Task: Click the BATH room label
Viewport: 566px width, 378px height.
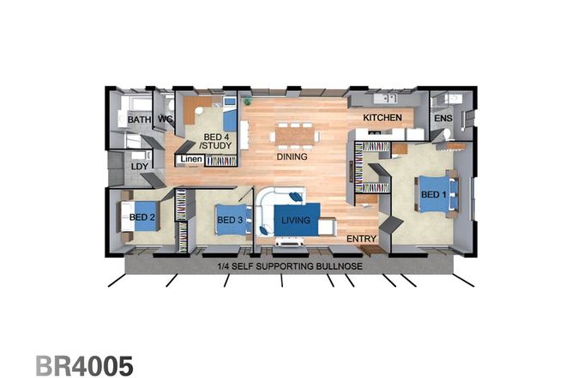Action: [139, 120]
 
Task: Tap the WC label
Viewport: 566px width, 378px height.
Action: [166, 119]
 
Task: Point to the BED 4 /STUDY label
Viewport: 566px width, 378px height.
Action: [215, 142]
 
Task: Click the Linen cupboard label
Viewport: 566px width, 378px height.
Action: [190, 159]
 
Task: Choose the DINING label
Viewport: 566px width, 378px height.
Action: [292, 157]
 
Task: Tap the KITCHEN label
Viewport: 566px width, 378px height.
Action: [382, 117]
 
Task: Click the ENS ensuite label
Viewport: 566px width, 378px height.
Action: [443, 119]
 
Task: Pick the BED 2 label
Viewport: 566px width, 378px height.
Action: [142, 217]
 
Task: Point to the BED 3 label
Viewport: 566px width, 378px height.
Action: [231, 221]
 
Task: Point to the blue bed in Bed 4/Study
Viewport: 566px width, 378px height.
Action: [230, 114]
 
